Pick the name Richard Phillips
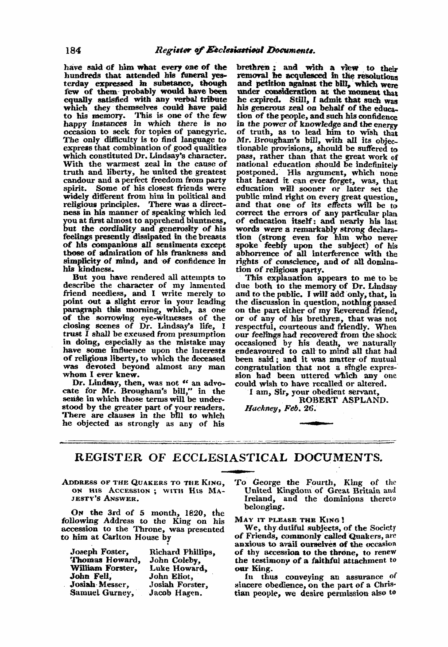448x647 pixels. [x=182, y=552]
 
